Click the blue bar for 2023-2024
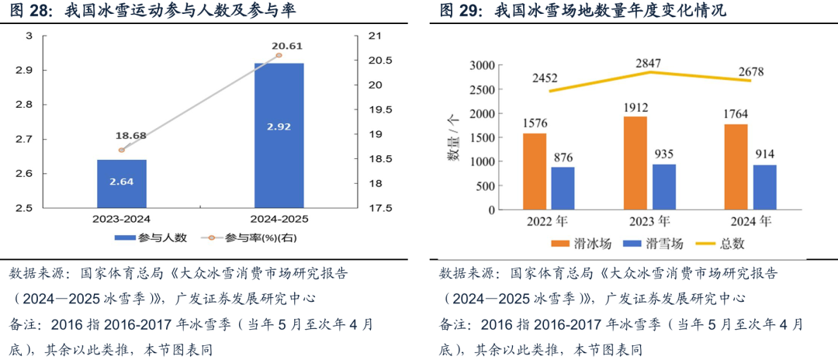point(122,184)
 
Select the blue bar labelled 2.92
point(279,135)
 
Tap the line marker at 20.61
point(279,56)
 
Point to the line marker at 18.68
point(121,150)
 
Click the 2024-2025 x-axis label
point(279,220)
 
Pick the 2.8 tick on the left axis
point(27,105)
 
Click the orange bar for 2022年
point(535,172)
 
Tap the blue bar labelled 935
point(663,187)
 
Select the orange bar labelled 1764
point(736,168)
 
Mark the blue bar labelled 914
point(764,188)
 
